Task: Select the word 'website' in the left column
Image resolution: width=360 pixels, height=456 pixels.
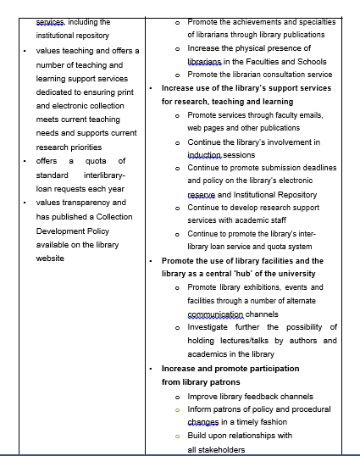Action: (50, 258)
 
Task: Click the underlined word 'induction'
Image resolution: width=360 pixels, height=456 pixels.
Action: (204, 156)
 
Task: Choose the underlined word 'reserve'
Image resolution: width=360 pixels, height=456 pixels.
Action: (202, 194)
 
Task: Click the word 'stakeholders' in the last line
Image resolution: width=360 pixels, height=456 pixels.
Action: (216, 449)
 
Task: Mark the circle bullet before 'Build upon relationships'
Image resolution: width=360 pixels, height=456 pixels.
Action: (177, 437)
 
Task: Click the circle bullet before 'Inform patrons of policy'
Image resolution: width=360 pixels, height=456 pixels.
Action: (177, 409)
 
